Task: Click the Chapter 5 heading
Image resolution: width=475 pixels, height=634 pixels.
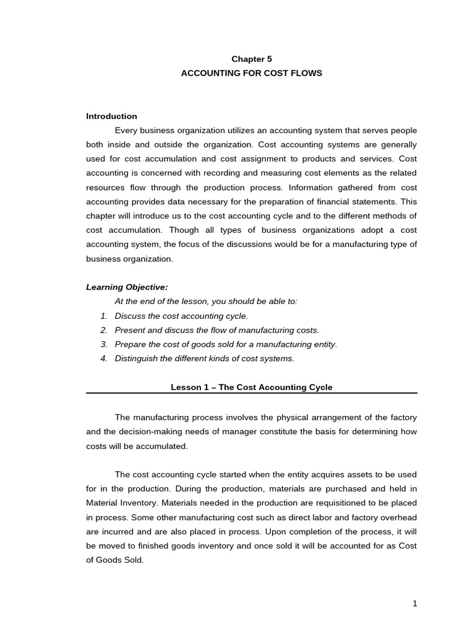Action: point(252,59)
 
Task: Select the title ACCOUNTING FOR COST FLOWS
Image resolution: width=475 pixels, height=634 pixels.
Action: point(252,73)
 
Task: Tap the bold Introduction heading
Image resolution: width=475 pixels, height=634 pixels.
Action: point(111,116)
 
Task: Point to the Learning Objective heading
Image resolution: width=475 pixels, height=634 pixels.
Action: point(127,287)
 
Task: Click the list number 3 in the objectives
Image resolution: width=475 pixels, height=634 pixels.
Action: point(104,344)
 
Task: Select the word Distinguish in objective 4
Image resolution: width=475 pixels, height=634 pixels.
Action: point(135,358)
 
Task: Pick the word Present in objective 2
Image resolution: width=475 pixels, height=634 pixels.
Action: point(129,330)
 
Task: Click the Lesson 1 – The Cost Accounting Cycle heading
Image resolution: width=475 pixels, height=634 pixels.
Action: point(252,388)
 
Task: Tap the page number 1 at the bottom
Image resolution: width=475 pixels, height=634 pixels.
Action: point(415,604)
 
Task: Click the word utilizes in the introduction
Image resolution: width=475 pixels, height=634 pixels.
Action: point(237,131)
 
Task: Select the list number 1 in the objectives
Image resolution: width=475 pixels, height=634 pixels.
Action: point(104,316)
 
